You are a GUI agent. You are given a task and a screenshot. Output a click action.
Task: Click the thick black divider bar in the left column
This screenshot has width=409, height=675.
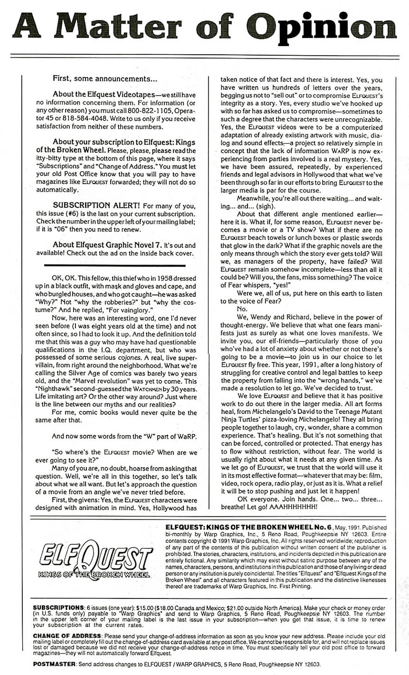tap(115, 265)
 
